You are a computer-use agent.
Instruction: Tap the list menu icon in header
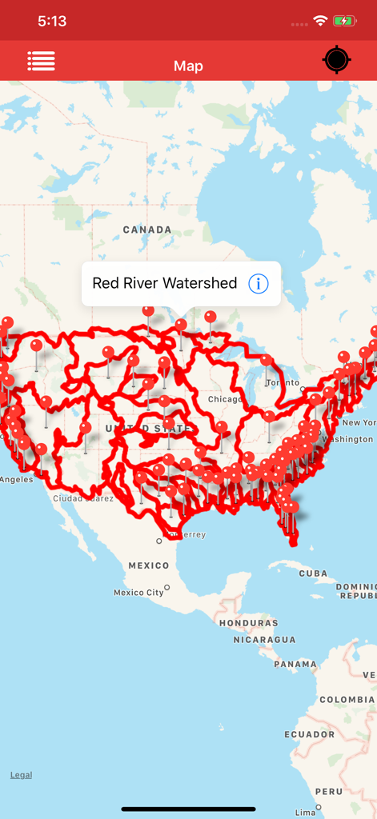(x=42, y=61)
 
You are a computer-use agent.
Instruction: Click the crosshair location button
(x=337, y=60)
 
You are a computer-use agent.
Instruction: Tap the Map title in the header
(x=188, y=66)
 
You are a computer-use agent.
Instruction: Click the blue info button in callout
(x=258, y=283)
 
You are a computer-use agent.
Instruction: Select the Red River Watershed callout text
(x=165, y=283)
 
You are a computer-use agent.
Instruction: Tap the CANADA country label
(x=147, y=230)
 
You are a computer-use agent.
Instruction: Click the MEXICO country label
(x=149, y=565)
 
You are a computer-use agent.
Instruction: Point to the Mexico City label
(x=138, y=593)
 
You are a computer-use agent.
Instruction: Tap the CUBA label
(x=313, y=573)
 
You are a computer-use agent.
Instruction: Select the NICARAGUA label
(x=264, y=640)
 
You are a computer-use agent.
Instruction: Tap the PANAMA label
(x=295, y=664)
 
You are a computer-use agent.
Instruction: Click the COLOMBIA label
(x=347, y=699)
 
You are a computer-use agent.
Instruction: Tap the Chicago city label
(x=225, y=399)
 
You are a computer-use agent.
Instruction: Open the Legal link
(x=21, y=775)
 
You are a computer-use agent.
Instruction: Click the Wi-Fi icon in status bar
(x=320, y=21)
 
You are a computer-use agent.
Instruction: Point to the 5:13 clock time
(x=52, y=22)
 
